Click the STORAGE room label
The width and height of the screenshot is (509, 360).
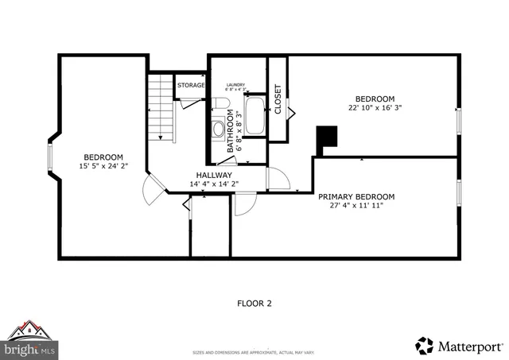[x=191, y=85]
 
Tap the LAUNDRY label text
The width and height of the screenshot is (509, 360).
[x=235, y=85]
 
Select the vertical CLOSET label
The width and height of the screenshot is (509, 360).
[x=278, y=99]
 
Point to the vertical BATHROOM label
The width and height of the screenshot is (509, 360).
[x=231, y=130]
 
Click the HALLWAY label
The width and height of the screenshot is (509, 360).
[x=215, y=175]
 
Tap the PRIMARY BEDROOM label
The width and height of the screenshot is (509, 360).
[x=356, y=196]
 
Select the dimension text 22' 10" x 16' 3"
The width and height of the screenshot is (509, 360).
[x=375, y=110]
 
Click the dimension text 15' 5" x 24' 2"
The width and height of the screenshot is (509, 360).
[x=103, y=166]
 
